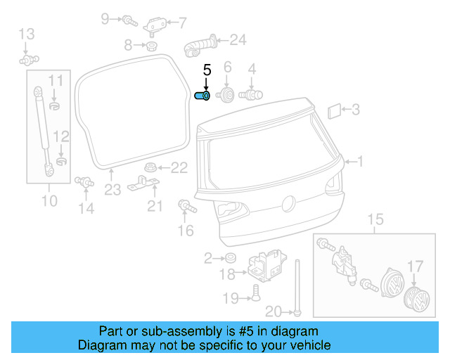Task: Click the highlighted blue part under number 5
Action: pos(202,96)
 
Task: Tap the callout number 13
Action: pos(26,33)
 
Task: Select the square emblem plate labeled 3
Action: pos(335,110)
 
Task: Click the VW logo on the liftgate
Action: pos(287,204)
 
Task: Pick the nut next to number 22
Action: pos(149,167)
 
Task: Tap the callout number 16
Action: pos(185,230)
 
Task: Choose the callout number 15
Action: pos(376,220)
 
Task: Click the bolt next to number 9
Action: pos(129,20)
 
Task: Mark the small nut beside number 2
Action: pos(230,258)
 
